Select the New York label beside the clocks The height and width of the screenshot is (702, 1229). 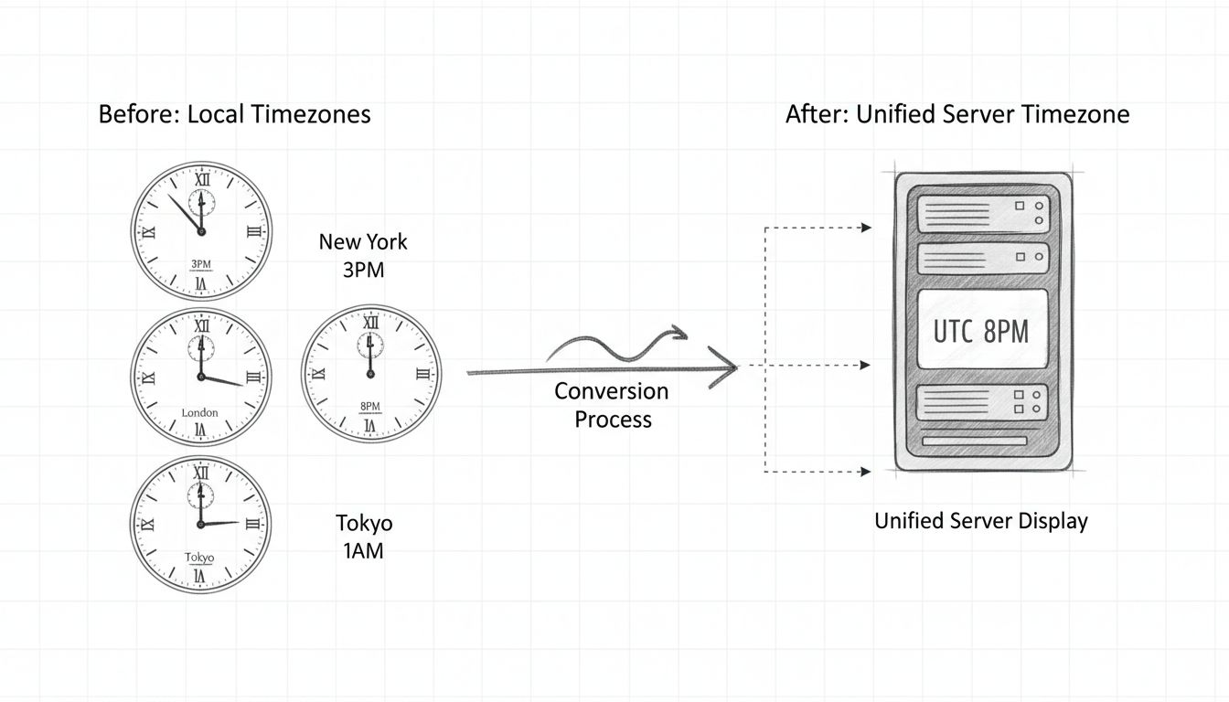point(363,242)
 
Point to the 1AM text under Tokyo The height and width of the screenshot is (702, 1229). point(363,550)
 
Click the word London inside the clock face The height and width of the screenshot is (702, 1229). point(200,413)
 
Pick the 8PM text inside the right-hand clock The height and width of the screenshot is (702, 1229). point(370,408)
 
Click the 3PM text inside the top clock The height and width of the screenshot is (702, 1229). point(201,265)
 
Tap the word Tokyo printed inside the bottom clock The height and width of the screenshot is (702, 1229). point(199,558)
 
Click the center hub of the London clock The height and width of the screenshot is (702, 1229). point(201,376)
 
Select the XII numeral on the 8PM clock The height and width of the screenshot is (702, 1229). point(370,323)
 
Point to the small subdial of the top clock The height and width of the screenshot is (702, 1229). point(201,200)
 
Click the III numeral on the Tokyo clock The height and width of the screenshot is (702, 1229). point(253,525)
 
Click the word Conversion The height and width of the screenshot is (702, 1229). point(612,391)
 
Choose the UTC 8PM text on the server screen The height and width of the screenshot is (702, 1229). point(981,331)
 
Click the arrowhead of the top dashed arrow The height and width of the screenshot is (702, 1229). point(865,228)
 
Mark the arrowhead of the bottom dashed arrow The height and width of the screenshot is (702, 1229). point(865,472)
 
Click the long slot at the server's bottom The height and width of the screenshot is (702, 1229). point(975,441)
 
